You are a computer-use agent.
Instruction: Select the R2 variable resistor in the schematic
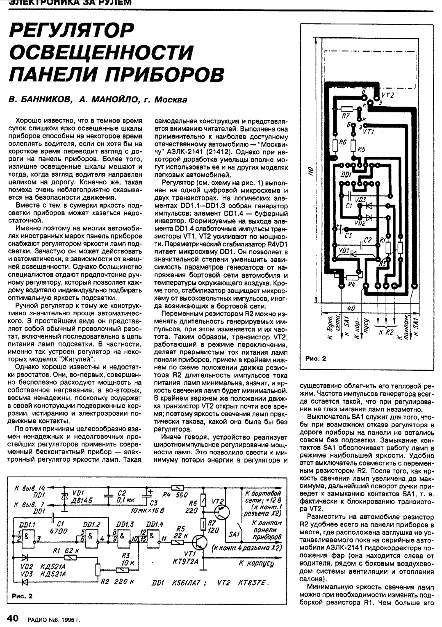coord(97,569)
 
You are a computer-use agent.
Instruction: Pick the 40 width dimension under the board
coord(350,308)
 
